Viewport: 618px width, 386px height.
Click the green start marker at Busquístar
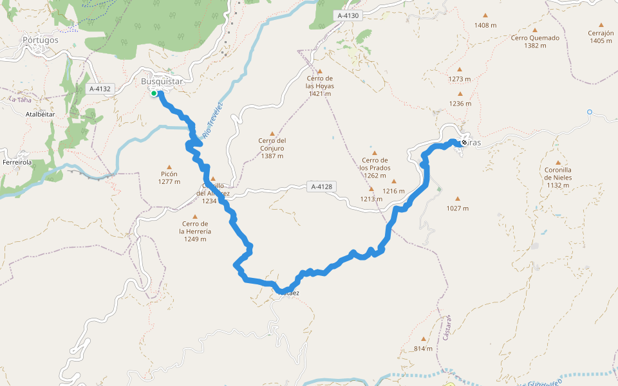[154, 94]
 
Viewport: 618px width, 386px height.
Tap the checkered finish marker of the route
[464, 142]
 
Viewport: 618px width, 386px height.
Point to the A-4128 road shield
[321, 187]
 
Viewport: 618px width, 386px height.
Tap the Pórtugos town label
[41, 40]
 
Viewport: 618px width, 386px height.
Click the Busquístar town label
[162, 82]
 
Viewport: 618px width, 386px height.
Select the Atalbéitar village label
[41, 114]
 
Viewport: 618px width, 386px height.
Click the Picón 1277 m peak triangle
[170, 166]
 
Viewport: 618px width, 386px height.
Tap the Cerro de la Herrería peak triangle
[194, 216]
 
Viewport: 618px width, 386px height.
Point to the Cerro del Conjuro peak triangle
[272, 133]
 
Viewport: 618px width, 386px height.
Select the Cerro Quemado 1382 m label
[535, 41]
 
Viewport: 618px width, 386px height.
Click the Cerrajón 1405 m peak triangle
[601, 26]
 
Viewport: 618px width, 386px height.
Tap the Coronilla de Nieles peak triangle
[557, 163]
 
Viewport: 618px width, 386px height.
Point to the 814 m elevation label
[424, 349]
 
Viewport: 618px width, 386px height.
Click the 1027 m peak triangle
[458, 199]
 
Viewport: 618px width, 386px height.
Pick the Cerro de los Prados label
[374, 163]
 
